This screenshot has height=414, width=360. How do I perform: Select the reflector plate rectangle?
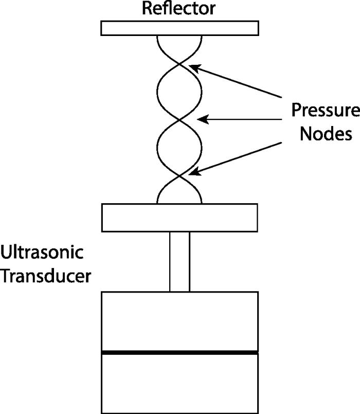pos(179,28)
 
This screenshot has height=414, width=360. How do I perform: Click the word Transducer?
pos(46,276)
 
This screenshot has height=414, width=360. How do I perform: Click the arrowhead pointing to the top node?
pos(193,67)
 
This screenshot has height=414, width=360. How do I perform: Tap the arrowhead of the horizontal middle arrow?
pos(203,120)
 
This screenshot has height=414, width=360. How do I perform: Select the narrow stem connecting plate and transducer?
pos(179,261)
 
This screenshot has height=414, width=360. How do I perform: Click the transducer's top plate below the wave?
pos(179,217)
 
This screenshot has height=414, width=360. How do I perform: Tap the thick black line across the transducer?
pos(179,352)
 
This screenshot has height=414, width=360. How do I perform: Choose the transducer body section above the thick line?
pos(179,321)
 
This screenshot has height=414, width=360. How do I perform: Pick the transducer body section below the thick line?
pos(179,383)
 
